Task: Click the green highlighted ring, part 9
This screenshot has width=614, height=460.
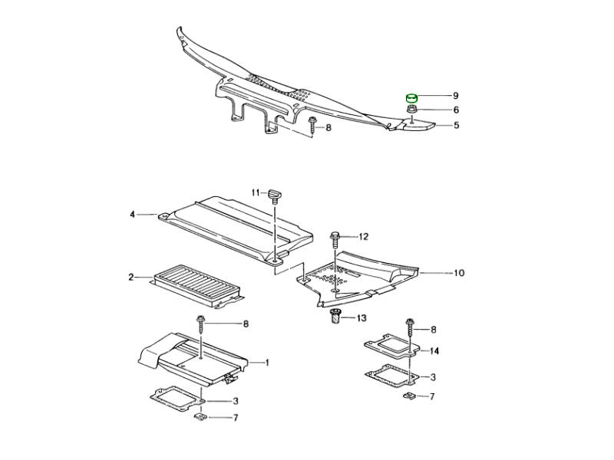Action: tap(412, 97)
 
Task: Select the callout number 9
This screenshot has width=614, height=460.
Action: tap(455, 96)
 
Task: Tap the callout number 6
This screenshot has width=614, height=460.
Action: tap(455, 110)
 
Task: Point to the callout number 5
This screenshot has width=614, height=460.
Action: tap(455, 125)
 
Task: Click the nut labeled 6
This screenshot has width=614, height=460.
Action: tap(412, 110)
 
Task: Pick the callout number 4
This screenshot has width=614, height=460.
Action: tap(132, 215)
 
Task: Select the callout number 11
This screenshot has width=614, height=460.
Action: tap(258, 192)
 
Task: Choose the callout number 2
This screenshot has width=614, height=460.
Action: tap(131, 276)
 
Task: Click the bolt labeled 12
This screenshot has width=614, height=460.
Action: tap(335, 240)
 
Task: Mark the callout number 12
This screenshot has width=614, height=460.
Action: tap(363, 236)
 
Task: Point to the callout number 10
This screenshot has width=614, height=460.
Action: tap(459, 273)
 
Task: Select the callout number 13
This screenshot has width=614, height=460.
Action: tap(361, 317)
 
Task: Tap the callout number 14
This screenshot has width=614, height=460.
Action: tap(434, 351)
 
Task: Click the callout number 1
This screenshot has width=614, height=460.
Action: tap(267, 363)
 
